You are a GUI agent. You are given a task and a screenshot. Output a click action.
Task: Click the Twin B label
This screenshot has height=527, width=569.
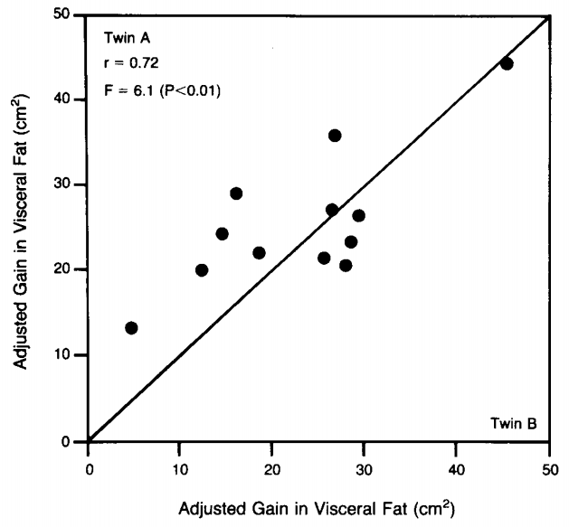tap(513, 422)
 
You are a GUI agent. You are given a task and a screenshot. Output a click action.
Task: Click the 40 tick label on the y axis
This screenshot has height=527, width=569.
tap(69, 99)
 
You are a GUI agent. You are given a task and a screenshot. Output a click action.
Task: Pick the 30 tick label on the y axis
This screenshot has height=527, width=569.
tap(69, 184)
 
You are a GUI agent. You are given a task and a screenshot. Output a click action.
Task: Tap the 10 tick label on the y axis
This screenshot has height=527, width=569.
tap(69, 355)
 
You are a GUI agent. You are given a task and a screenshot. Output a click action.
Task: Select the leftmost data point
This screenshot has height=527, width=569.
tap(131, 327)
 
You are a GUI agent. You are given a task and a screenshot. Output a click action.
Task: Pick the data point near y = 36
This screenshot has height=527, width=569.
tap(335, 136)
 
